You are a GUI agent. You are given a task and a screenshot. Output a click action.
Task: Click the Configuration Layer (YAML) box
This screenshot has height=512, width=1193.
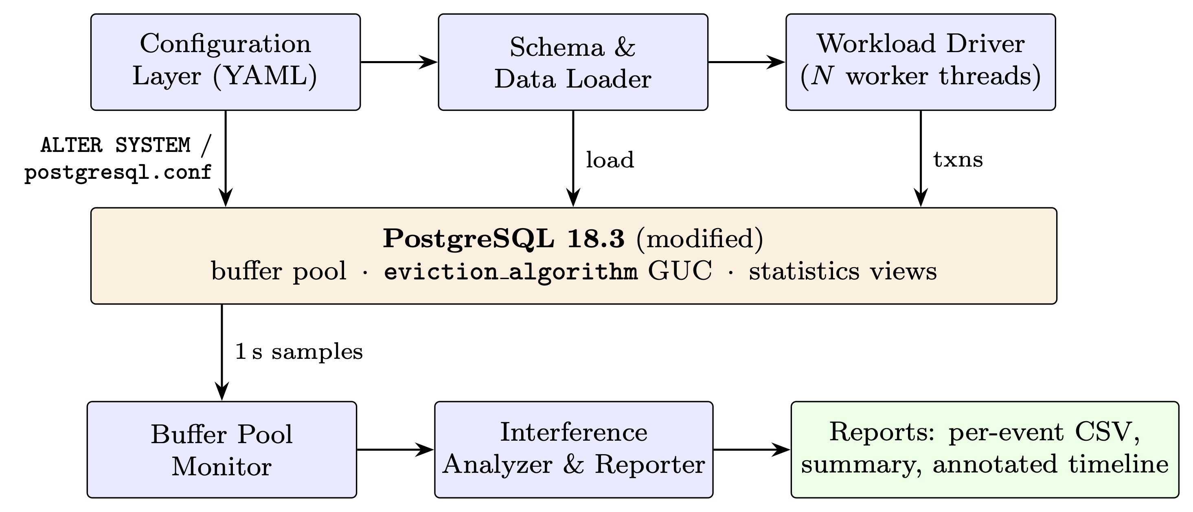tap(226, 62)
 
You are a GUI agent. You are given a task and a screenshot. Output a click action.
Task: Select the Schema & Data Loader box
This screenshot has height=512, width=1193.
tap(573, 62)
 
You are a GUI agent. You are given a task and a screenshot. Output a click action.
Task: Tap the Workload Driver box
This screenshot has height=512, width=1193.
tap(921, 62)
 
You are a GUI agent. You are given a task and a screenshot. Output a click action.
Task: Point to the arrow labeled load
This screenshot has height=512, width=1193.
tap(573, 158)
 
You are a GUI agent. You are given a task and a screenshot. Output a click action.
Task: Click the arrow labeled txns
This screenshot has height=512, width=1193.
tap(921, 158)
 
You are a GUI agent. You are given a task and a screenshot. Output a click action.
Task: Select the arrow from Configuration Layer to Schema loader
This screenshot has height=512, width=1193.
tap(399, 62)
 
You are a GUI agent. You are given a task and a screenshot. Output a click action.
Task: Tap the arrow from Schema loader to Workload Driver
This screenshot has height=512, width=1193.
tap(747, 62)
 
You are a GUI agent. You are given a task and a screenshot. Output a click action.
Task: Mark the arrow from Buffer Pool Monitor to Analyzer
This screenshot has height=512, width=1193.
tap(395, 449)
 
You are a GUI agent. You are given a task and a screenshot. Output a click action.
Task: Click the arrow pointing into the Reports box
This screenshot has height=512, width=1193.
tap(752, 449)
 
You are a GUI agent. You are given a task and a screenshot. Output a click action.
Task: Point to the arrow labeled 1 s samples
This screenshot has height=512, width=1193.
tap(222, 353)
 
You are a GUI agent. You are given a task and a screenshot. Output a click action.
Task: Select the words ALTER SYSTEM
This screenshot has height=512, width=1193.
tap(116, 145)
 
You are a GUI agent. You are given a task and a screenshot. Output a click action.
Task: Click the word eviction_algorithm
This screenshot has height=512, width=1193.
tap(511, 272)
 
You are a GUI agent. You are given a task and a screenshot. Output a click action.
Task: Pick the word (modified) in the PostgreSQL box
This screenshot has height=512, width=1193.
tap(700, 239)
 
